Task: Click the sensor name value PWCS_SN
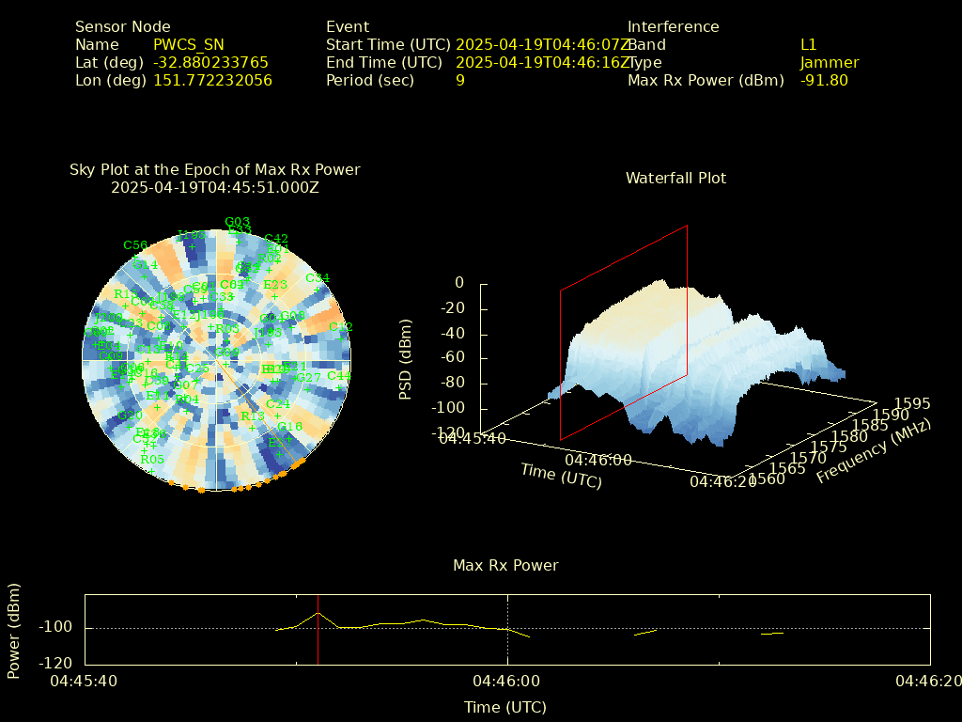pyautogui.click(x=189, y=45)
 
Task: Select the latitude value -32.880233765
pyautogui.click(x=210, y=63)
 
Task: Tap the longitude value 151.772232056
pyautogui.click(x=212, y=81)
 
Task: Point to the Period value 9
pyautogui.click(x=460, y=81)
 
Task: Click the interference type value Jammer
pyautogui.click(x=830, y=63)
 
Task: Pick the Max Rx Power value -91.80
pyautogui.click(x=824, y=81)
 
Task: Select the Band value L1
pyautogui.click(x=809, y=45)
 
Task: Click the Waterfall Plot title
pyautogui.click(x=675, y=178)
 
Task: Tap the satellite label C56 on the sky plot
pyautogui.click(x=135, y=245)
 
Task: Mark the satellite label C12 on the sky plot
pyautogui.click(x=340, y=327)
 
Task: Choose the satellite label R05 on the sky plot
pyautogui.click(x=152, y=460)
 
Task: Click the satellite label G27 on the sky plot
pyautogui.click(x=309, y=378)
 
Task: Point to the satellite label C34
pyautogui.click(x=318, y=278)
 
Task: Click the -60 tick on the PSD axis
pyautogui.click(x=453, y=358)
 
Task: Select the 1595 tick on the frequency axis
pyautogui.click(x=912, y=403)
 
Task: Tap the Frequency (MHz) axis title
pyautogui.click(x=873, y=450)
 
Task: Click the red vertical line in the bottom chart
pyautogui.click(x=318, y=630)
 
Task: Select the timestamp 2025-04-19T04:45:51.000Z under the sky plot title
pyautogui.click(x=215, y=188)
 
